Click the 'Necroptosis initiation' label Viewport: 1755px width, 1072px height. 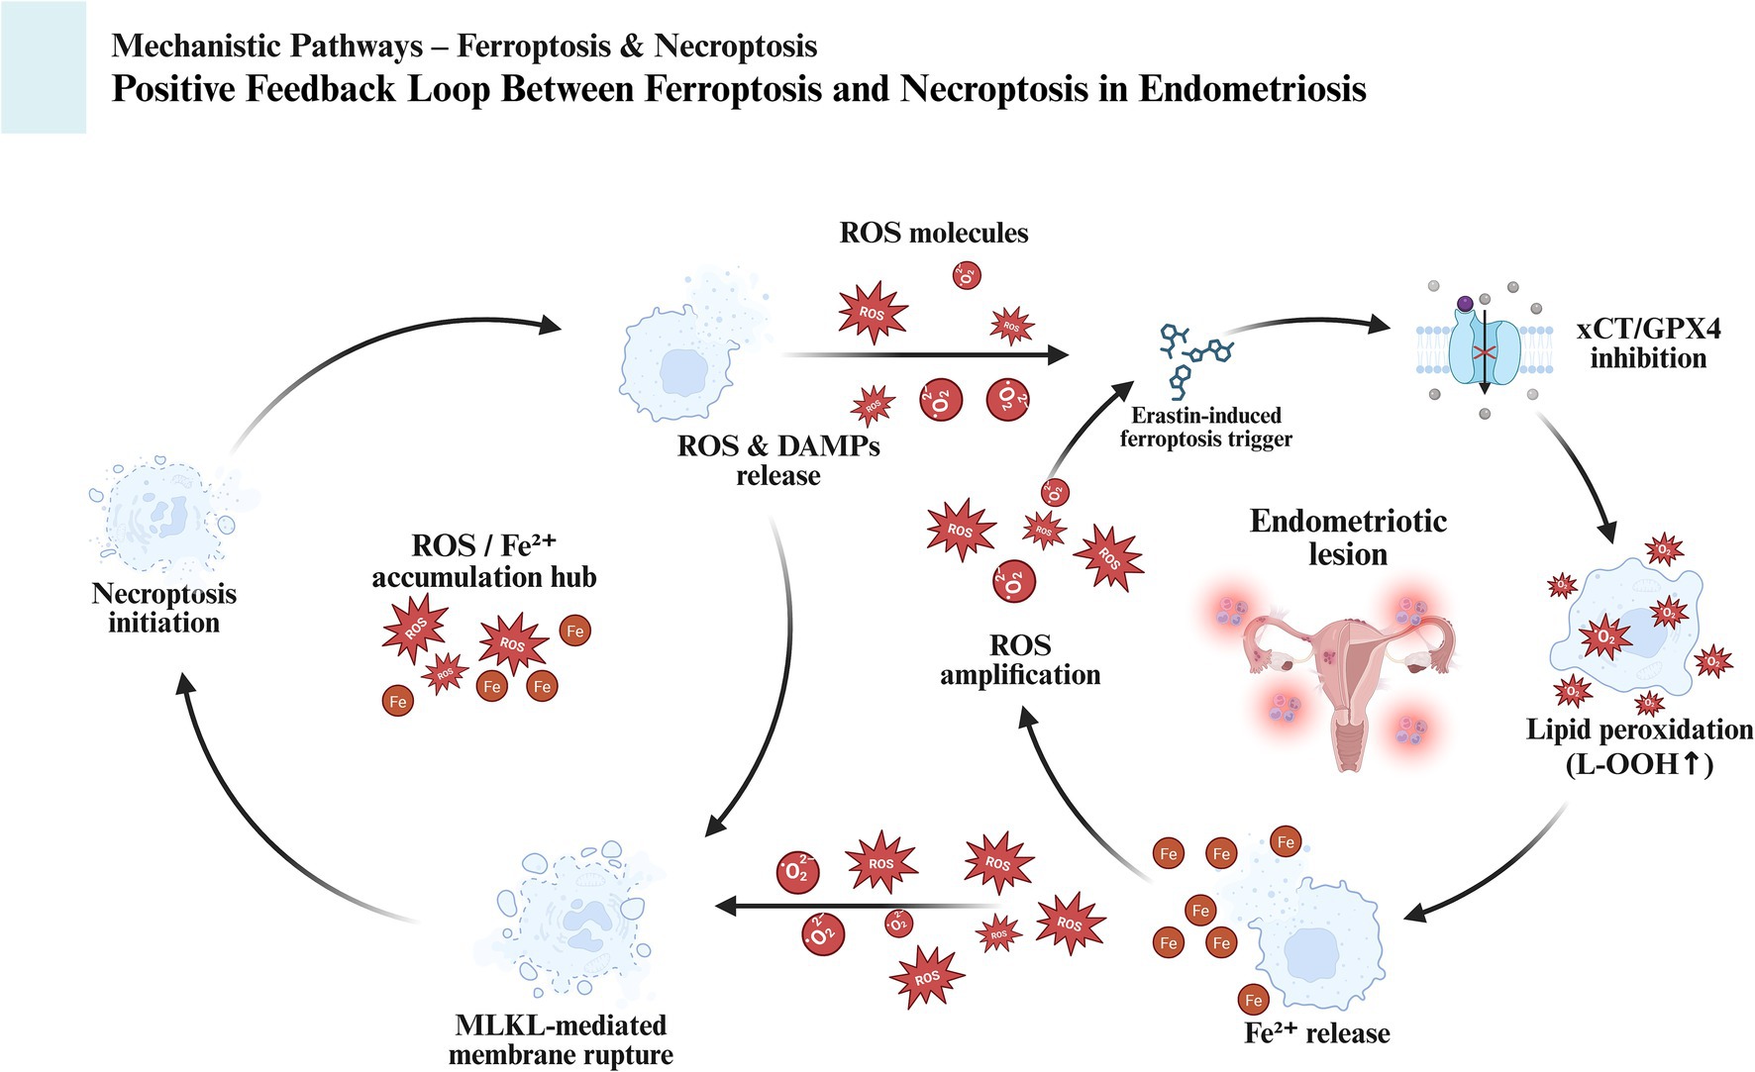click(164, 608)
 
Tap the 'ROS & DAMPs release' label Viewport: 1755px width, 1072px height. click(778, 460)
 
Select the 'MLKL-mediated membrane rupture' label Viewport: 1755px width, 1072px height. click(561, 1039)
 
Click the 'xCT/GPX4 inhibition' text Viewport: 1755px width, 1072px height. click(1648, 343)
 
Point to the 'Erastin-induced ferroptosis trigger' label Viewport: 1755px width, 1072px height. click(1205, 427)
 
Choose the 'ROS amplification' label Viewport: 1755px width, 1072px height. click(1020, 660)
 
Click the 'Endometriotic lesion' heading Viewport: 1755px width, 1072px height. click(1348, 537)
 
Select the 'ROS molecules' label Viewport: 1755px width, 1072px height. click(934, 233)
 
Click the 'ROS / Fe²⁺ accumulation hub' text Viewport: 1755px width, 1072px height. click(484, 561)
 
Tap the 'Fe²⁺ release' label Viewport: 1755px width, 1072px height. click(1316, 1033)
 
